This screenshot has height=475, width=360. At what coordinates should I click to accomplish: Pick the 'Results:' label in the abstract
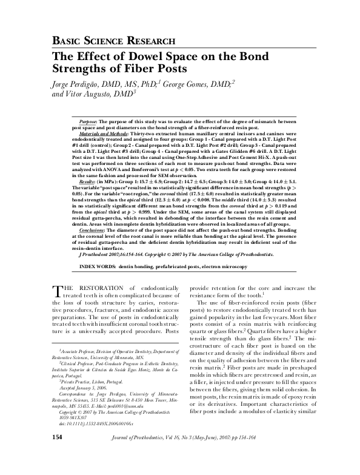88,182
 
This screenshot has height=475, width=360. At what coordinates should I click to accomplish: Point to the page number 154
57,454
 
